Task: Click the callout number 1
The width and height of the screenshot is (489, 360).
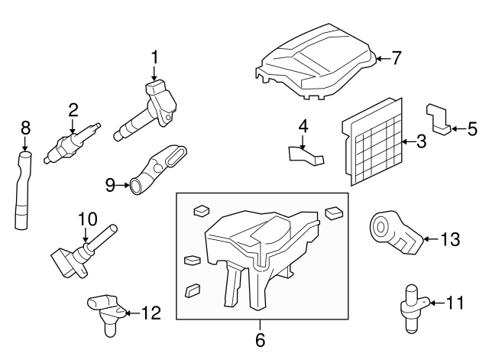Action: tap(154, 58)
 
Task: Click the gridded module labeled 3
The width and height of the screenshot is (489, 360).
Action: tap(373, 142)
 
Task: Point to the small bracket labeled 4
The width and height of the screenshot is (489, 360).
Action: tap(306, 155)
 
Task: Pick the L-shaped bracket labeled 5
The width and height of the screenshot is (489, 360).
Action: tap(438, 119)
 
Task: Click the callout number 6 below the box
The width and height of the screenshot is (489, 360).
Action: tap(261, 339)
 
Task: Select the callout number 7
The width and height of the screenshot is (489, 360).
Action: tap(396, 58)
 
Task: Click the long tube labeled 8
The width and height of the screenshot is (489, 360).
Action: tap(22, 190)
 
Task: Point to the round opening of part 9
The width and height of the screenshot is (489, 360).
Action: tap(136, 186)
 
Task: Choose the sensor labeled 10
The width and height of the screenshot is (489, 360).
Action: tap(83, 251)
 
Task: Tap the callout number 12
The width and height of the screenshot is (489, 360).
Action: tap(151, 313)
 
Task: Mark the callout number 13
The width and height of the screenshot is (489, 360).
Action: tap(450, 239)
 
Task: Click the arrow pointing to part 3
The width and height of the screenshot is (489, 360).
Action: tap(409, 142)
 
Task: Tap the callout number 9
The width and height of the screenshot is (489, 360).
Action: tap(110, 185)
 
